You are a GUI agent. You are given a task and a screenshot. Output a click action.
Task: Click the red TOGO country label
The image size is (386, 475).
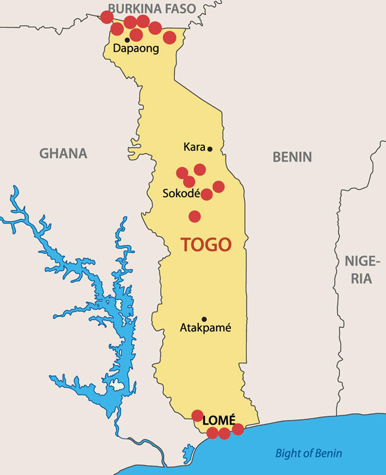click(205, 244)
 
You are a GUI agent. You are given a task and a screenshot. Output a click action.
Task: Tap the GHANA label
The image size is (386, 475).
click(63, 153)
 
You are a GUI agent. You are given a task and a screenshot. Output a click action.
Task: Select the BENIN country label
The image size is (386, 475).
click(292, 157)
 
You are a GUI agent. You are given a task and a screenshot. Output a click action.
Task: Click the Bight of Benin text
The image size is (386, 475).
click(308, 454)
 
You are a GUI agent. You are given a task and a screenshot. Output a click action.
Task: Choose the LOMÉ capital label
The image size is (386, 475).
click(219, 420)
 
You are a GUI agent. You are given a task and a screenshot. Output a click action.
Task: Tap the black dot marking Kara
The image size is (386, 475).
click(210, 149)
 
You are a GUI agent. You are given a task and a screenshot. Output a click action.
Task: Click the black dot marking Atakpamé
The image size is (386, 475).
click(204, 319)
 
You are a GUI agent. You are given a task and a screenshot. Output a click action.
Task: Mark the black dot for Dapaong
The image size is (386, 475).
click(127, 40)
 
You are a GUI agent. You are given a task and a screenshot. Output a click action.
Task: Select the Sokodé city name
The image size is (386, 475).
click(181, 194)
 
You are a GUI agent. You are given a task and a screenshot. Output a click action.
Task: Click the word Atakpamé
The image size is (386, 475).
click(205, 328)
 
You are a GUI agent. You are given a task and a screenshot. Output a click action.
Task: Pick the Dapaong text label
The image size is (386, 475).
click(136, 49)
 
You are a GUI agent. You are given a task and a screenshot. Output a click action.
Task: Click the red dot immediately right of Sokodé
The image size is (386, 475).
click(207, 194)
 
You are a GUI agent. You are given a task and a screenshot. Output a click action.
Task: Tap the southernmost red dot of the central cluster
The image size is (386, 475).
click(195, 216)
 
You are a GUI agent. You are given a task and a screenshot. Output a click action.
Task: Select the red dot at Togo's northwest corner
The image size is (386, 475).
click(107, 17)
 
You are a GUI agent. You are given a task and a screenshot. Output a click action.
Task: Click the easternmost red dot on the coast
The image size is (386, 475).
click(238, 429)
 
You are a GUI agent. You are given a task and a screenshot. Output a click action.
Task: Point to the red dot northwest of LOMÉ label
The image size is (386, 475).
click(198, 416)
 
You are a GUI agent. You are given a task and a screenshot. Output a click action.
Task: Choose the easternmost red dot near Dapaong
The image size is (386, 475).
click(169, 37)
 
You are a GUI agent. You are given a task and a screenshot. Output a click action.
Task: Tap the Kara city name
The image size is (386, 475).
click(194, 147)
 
